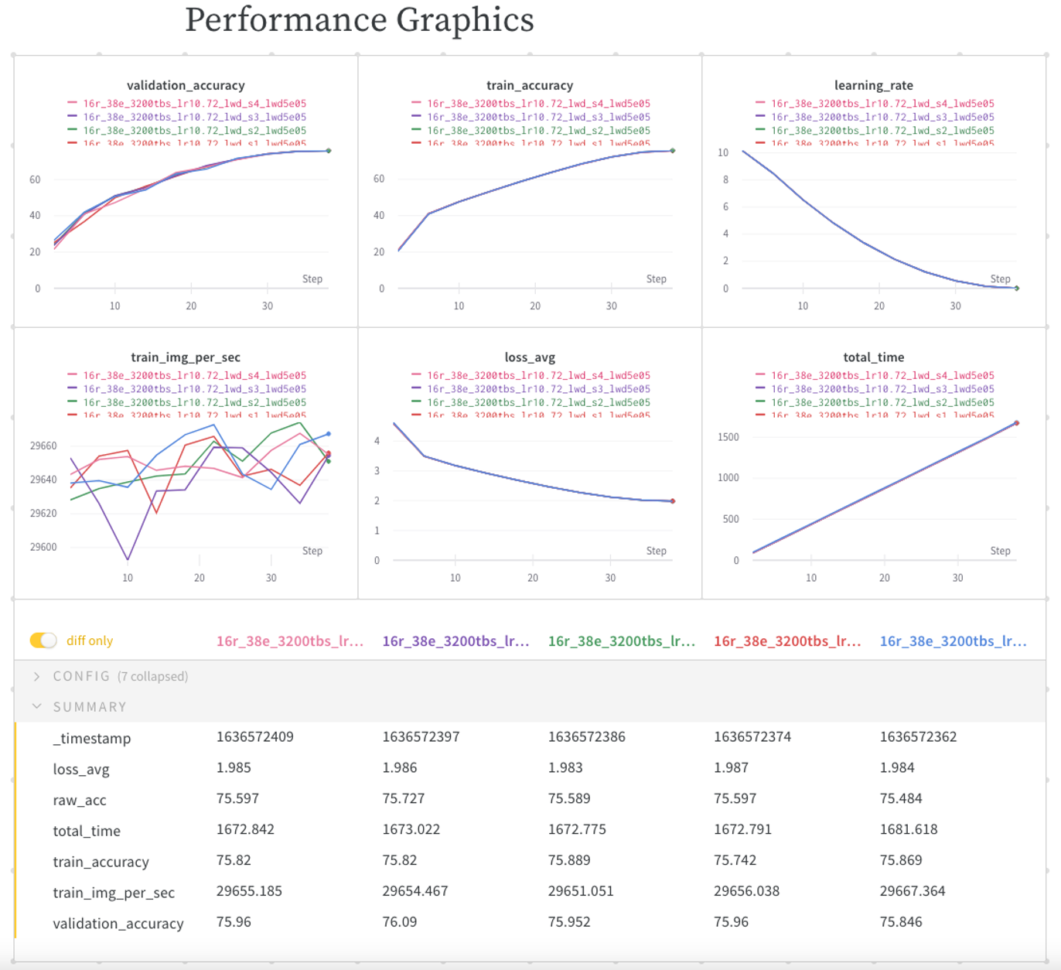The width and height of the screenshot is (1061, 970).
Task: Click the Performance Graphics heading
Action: [x=359, y=20]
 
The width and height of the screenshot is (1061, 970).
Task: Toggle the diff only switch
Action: [x=43, y=640]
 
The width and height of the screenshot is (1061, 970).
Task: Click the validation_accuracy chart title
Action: [x=186, y=85]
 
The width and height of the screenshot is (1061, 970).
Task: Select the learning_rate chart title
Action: [x=873, y=85]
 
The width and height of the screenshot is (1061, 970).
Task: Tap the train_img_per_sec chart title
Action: [x=186, y=357]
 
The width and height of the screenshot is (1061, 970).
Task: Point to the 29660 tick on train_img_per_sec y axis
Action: [x=43, y=446]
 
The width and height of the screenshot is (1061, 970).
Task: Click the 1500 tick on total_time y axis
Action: [x=728, y=437]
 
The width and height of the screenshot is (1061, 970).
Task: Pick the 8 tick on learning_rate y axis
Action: [x=725, y=179]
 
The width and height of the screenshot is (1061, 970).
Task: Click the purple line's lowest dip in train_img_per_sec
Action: [x=128, y=558]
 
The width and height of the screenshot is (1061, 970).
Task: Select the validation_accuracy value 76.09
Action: [x=399, y=922]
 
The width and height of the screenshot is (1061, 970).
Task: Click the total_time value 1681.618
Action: [x=908, y=829]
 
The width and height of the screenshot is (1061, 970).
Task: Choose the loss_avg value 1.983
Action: [x=565, y=767]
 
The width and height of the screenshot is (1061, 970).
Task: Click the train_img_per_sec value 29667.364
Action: [x=912, y=891]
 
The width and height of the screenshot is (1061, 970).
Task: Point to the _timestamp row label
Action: [x=91, y=738]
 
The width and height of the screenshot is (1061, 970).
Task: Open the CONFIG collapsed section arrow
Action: [x=36, y=676]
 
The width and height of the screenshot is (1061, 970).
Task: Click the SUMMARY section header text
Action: [x=90, y=707]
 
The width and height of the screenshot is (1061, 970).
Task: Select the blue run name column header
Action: [x=953, y=640]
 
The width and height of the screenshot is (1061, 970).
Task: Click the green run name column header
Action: [x=621, y=640]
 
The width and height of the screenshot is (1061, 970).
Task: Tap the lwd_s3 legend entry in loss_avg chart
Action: [x=538, y=389]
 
